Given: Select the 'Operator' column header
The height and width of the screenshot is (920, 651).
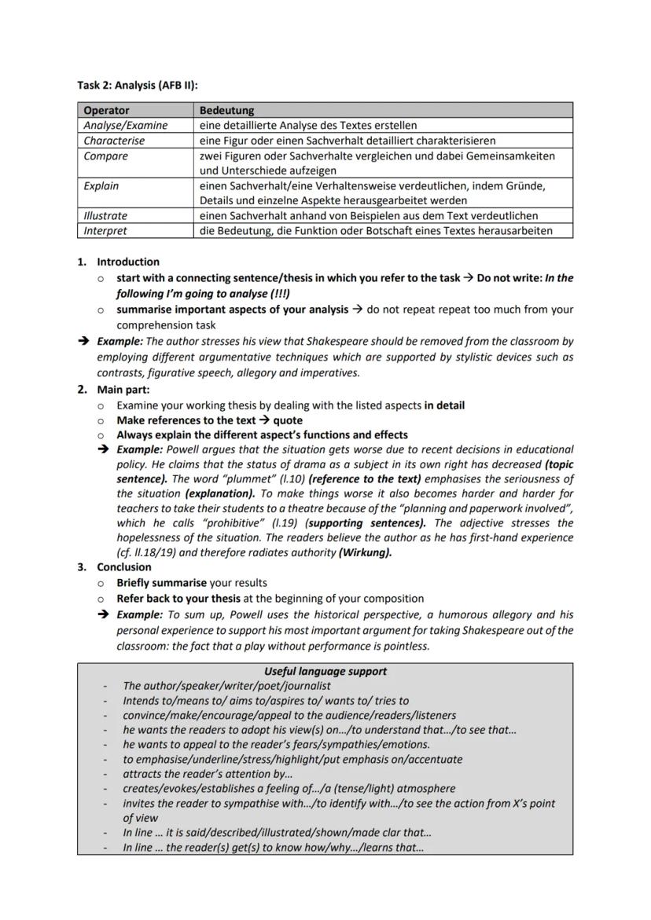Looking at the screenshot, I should click(106, 111).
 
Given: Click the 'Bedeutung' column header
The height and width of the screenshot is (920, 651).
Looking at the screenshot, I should click(226, 111).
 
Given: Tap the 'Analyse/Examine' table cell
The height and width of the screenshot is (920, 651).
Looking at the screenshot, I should click(125, 125).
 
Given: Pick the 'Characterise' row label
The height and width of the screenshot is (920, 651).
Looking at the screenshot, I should click(114, 141).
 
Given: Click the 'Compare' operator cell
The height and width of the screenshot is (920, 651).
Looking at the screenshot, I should click(105, 156).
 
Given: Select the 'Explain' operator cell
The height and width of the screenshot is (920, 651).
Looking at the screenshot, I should click(101, 186).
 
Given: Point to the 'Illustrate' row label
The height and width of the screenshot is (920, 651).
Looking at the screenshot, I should click(105, 215).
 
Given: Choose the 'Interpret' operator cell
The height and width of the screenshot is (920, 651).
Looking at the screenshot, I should click(105, 230).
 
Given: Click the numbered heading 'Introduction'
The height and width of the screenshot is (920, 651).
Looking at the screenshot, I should click(128, 262).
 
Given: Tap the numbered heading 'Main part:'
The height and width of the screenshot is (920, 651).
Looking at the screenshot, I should click(123, 390).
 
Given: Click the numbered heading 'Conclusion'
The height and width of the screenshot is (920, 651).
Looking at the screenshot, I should click(124, 566).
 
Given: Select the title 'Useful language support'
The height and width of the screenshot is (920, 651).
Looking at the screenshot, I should click(325, 671).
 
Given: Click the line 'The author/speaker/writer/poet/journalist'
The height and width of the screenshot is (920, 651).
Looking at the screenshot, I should click(226, 686).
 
